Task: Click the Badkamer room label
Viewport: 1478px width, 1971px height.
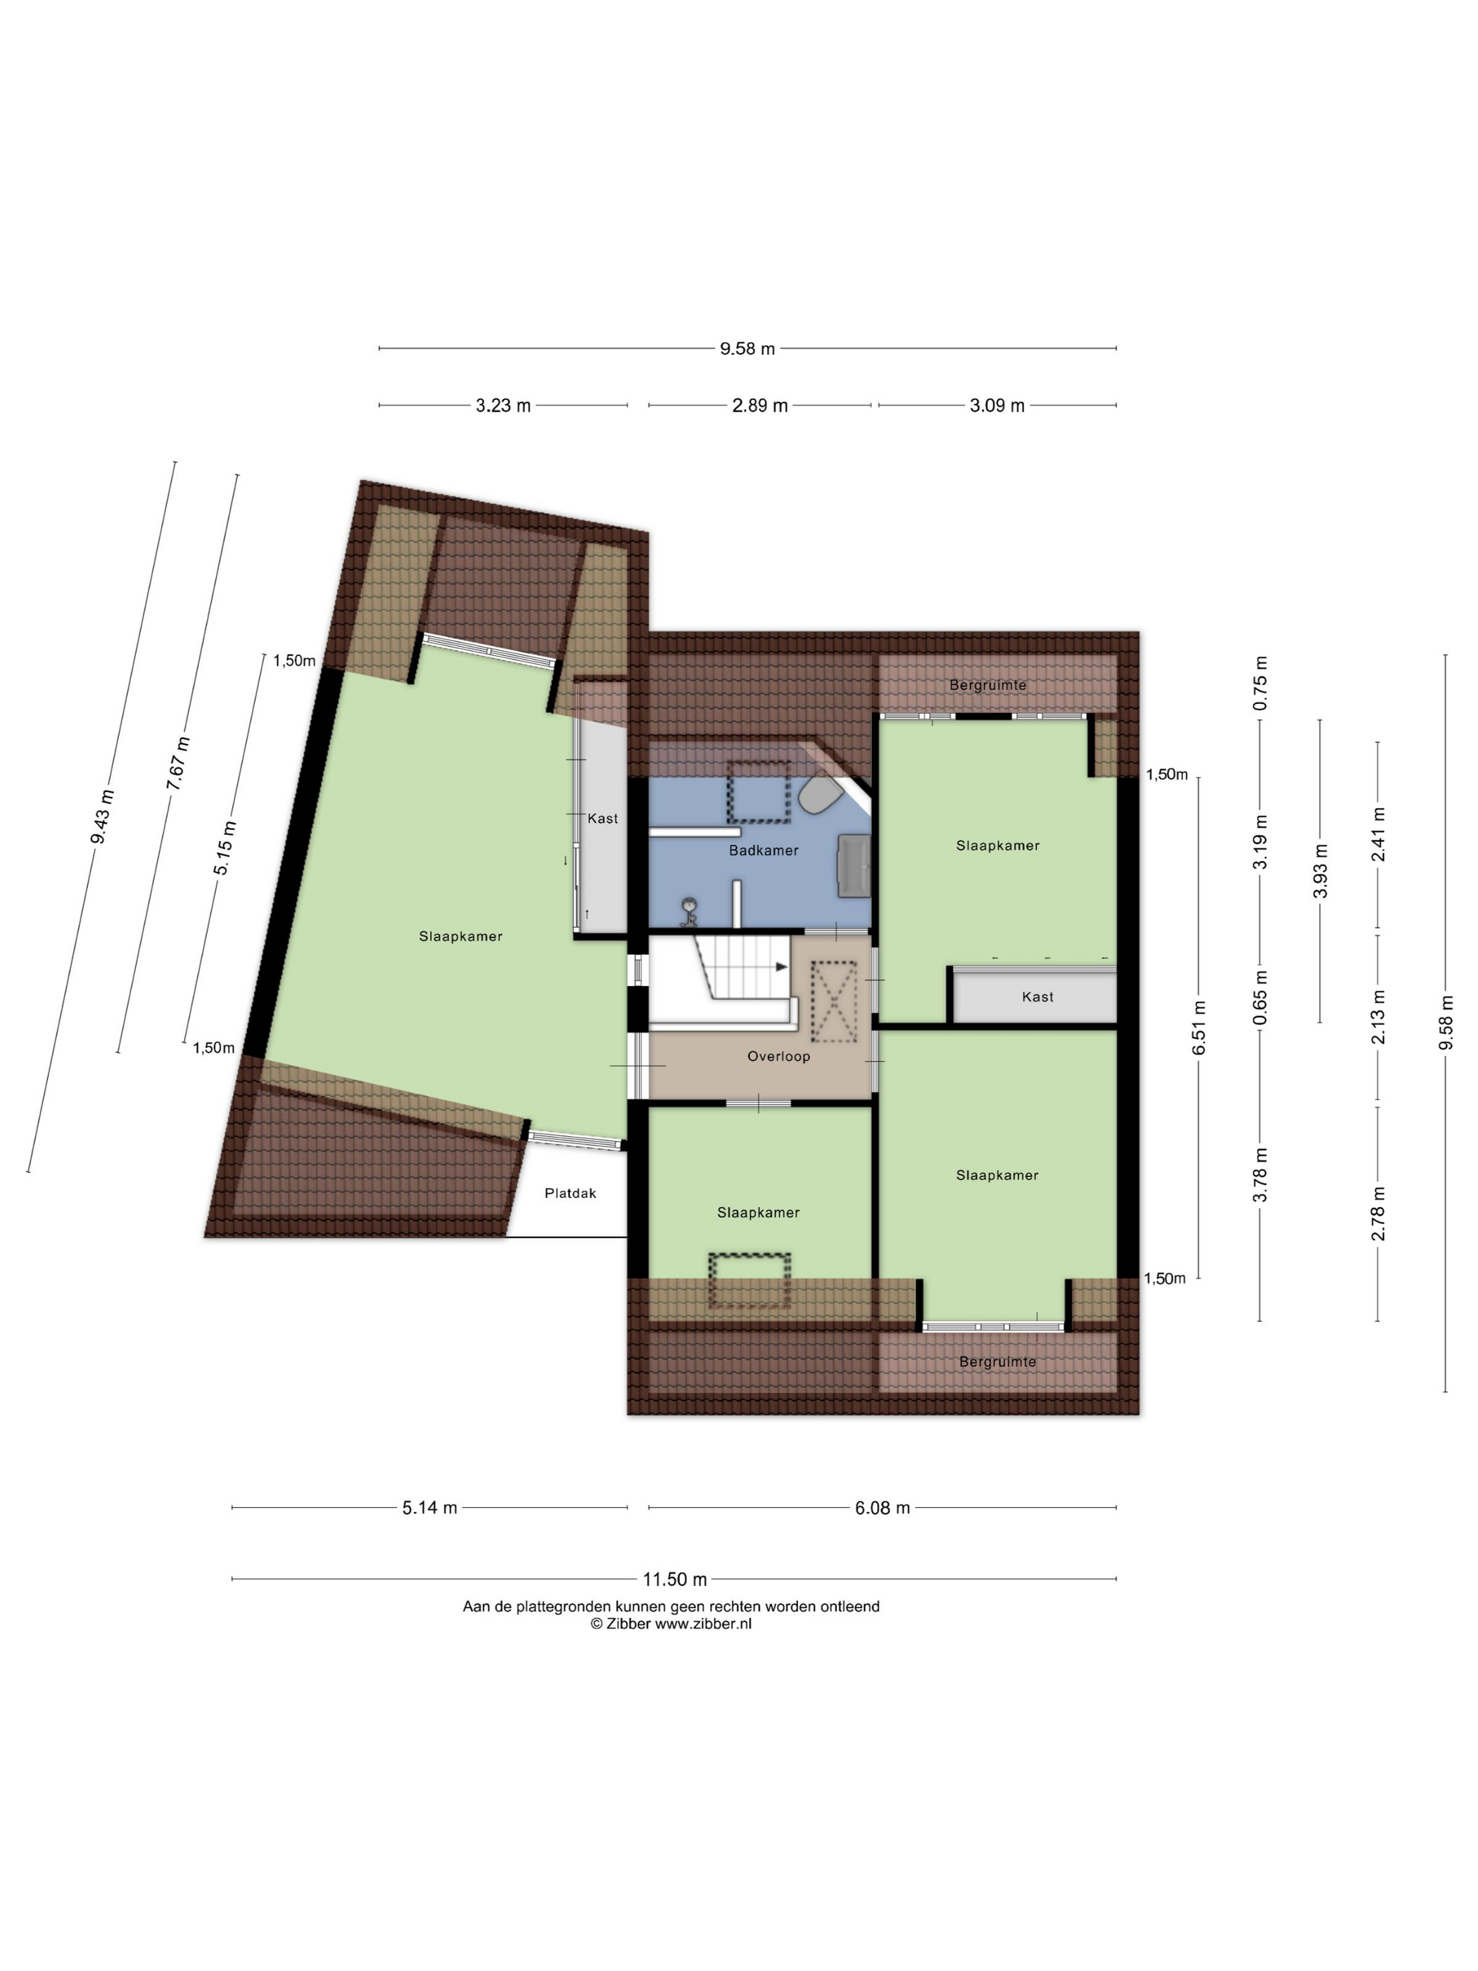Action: [x=764, y=850]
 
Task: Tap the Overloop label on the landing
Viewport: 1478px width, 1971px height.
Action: [x=778, y=1056]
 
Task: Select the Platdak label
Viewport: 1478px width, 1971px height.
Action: [x=570, y=1193]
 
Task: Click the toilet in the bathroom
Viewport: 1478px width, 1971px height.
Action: [x=818, y=794]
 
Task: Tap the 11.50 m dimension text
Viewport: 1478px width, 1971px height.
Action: [x=674, y=1580]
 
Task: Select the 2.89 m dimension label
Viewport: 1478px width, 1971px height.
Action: [x=760, y=405]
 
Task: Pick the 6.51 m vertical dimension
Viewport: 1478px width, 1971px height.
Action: [x=1199, y=1027]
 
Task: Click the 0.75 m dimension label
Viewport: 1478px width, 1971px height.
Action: [x=1260, y=684]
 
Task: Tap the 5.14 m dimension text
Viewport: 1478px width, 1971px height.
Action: [x=429, y=1508]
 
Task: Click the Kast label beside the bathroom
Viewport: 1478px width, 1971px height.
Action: [x=602, y=818]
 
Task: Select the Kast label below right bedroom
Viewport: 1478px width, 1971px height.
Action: [x=1037, y=997]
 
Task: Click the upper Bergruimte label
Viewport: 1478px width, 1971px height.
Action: [x=988, y=685]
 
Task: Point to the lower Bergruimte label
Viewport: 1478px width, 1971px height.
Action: [x=997, y=1361]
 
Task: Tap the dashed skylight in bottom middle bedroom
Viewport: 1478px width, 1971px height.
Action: [x=750, y=1280]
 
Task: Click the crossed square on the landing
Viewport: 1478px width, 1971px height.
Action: [x=834, y=1002]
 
